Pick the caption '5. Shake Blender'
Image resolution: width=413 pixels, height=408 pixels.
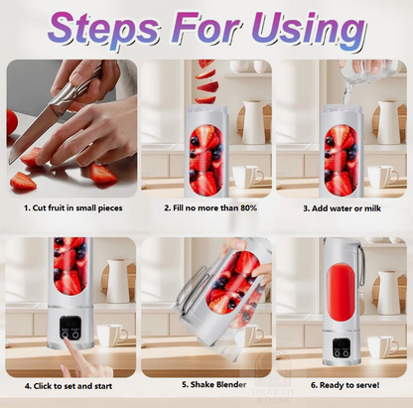[206, 385]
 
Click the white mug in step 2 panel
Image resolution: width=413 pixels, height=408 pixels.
[244, 176]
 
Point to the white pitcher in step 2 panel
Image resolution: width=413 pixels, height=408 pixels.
[253, 123]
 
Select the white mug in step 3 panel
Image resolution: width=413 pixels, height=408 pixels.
[379, 176]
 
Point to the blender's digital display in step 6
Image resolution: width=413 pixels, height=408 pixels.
[340, 349]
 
